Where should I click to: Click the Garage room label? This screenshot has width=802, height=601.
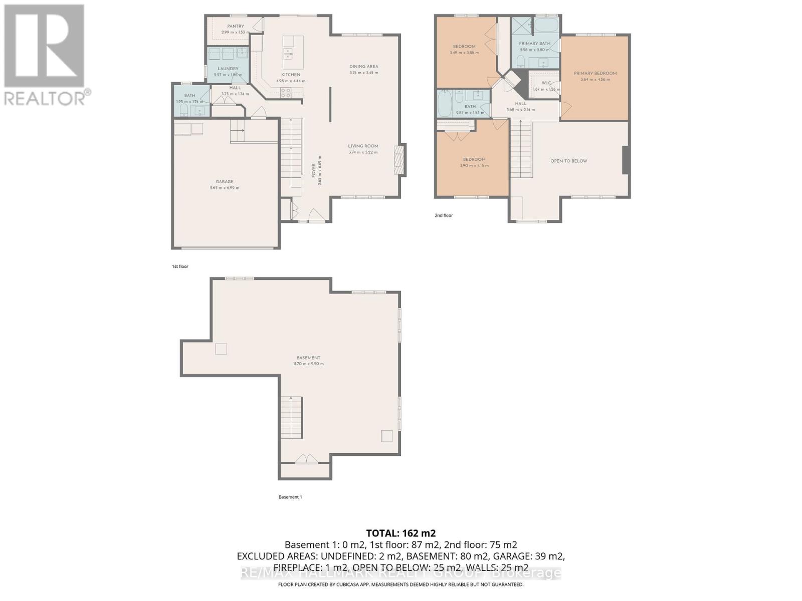[225, 182]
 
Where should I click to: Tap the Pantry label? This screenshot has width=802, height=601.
[235, 26]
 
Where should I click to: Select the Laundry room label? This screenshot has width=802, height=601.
[228, 69]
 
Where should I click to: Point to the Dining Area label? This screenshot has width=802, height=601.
[363, 66]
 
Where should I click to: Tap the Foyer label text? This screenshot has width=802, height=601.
[314, 171]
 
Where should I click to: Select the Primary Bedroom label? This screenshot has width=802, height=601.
[595, 73]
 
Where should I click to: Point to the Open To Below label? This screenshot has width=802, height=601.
[568, 161]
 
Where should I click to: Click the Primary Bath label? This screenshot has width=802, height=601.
[534, 44]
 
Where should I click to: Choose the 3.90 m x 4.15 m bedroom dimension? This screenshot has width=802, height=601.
[474, 166]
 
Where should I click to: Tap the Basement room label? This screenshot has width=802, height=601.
[308, 358]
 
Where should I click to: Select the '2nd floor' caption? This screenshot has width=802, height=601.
[444, 215]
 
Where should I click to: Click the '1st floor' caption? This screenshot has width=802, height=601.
[180, 266]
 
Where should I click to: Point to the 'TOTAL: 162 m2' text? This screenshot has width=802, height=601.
[400, 533]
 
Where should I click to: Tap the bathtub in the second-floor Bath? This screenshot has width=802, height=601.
[445, 103]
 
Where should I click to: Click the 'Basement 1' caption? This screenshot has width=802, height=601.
[290, 497]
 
